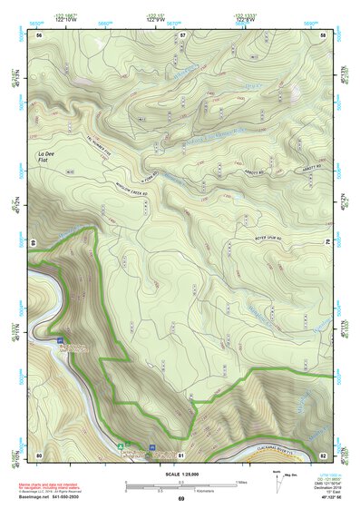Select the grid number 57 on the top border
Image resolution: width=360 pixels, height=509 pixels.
coord(181,34)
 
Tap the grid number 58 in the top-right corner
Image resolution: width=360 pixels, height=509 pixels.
coord(323,34)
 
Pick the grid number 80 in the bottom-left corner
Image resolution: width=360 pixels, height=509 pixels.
coord(39,454)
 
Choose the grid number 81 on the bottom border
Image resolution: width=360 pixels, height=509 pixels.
coord(181,454)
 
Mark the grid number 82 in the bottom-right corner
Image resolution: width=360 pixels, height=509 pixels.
coord(323,454)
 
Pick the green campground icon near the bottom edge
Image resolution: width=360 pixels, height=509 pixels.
coord(121,445)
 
